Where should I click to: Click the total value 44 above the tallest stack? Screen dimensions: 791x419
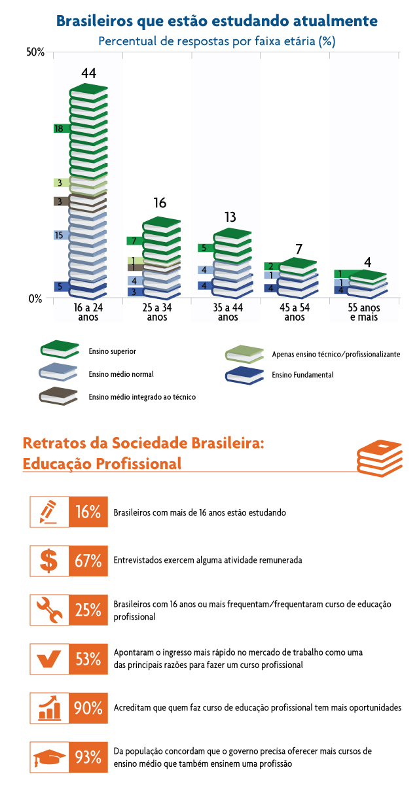88,74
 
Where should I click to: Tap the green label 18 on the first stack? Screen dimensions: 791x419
61,129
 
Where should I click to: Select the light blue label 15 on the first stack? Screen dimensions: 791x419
60,235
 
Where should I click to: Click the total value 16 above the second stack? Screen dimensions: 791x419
160,203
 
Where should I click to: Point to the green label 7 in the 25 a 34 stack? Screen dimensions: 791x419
134,241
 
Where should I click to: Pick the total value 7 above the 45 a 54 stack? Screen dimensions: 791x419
299,249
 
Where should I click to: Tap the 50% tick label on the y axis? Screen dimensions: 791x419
35,52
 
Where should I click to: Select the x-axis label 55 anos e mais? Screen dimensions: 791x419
365,312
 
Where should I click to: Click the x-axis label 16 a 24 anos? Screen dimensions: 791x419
88,312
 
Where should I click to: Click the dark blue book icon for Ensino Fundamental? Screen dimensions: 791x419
244,375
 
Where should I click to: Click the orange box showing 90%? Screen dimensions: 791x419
88,709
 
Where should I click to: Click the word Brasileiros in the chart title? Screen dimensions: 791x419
96,21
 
